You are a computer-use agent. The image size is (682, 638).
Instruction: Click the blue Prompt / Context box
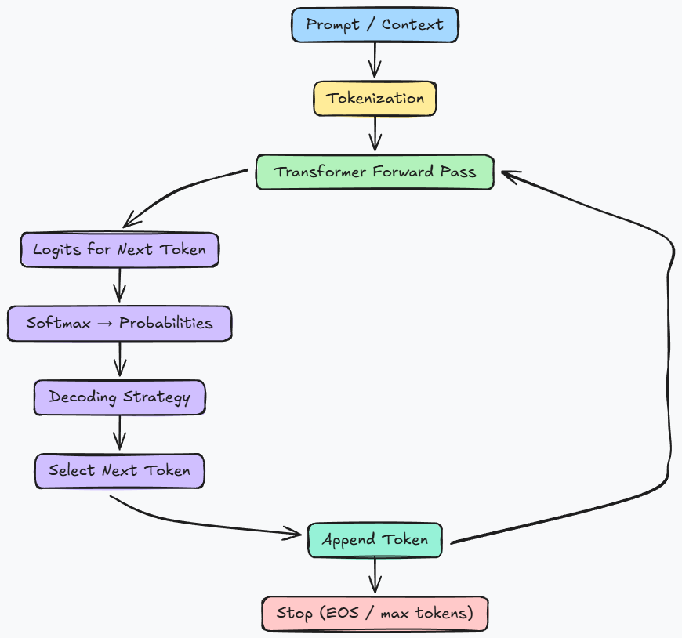375,25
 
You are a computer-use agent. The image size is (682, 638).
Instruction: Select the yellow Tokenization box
375,99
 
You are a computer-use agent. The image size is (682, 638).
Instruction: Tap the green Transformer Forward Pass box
375,172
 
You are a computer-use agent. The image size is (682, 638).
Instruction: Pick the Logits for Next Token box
119,251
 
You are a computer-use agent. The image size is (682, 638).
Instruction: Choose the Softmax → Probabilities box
119,323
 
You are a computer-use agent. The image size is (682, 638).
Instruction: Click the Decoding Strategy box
119,397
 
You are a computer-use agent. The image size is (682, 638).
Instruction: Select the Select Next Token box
119,471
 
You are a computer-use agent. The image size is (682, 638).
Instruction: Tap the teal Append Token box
375,540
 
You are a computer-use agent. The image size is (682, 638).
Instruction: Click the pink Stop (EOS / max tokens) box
375,613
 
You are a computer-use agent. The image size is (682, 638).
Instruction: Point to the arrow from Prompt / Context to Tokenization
375,60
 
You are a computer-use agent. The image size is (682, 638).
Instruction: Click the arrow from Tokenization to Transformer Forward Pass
375,133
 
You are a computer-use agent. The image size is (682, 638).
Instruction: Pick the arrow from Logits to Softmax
119,285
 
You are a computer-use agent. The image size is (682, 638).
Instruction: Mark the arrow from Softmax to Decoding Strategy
119,360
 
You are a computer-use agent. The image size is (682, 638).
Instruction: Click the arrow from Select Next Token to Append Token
204,521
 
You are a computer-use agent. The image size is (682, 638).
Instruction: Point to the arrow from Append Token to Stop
375,576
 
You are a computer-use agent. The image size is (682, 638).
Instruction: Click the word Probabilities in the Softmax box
165,323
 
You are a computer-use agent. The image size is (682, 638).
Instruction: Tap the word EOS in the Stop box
339,613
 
